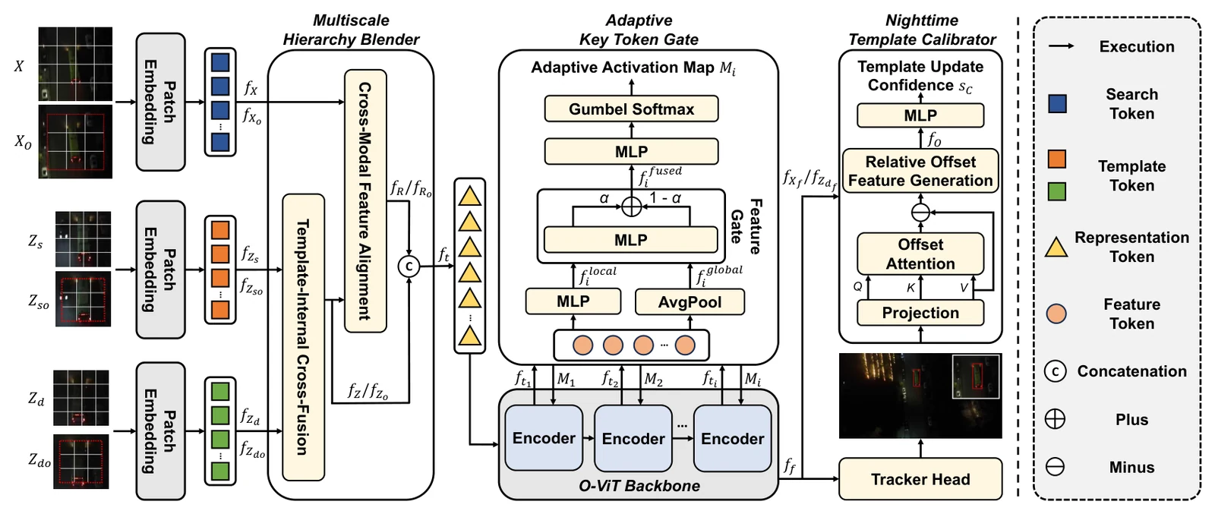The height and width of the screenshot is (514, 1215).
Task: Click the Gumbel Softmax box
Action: pyautogui.click(x=631, y=109)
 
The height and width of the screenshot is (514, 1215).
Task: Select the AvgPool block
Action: pyautogui.click(x=690, y=302)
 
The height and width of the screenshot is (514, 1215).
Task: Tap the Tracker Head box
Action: pyautogui.click(x=920, y=479)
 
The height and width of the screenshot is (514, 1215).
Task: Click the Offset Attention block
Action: pyautogui.click(x=920, y=254)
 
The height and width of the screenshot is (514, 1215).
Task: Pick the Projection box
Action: pyautogui.click(x=920, y=313)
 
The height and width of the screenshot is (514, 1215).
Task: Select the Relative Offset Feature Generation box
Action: pyautogui.click(x=920, y=171)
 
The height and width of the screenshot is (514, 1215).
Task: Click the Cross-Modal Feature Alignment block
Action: pyautogui.click(x=365, y=200)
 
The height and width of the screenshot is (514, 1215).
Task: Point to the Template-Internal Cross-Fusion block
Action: pyautogui.click(x=304, y=337)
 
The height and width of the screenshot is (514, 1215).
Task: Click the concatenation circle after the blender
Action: pyautogui.click(x=409, y=266)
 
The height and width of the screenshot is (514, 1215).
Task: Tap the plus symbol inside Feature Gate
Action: pyautogui.click(x=631, y=207)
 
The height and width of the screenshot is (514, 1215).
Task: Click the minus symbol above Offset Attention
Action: pyautogui.click(x=920, y=213)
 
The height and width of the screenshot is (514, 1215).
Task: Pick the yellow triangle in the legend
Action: pyautogui.click(x=1056, y=248)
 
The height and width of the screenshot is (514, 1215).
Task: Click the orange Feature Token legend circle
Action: pyautogui.click(x=1056, y=314)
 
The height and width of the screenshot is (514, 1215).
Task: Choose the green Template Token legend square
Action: pyautogui.click(x=1057, y=191)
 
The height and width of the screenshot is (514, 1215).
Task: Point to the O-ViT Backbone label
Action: pyautogui.click(x=639, y=486)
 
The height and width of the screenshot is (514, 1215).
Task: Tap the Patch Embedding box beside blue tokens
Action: pyautogui.click(x=160, y=102)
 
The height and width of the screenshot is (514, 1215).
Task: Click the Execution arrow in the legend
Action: pyautogui.click(x=1061, y=46)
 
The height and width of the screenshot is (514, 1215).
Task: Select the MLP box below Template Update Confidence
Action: pyautogui.click(x=920, y=115)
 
